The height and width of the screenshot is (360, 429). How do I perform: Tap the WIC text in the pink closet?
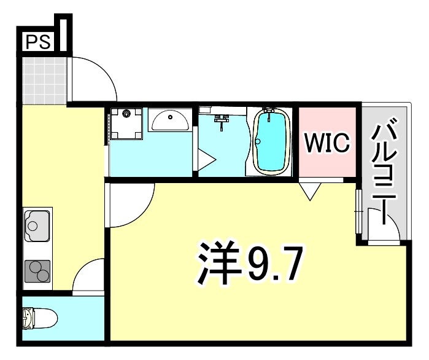click(328, 143)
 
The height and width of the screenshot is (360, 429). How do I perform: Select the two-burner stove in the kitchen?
click(37, 270)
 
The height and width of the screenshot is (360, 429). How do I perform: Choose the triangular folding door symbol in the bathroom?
click(205, 162)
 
